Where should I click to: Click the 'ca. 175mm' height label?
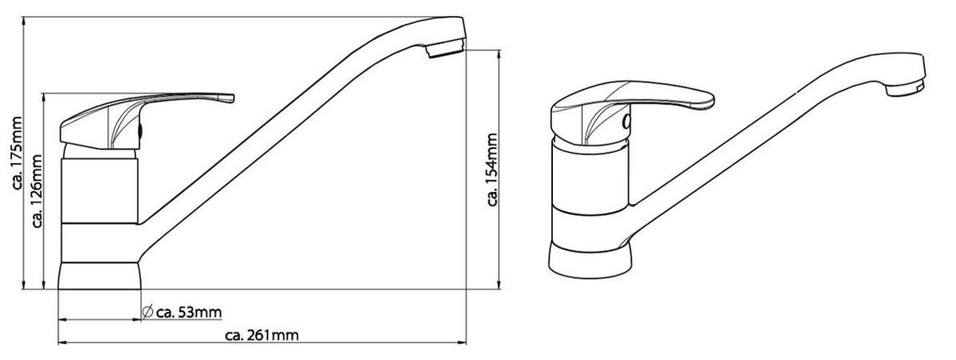pyautogui.click(x=17, y=153)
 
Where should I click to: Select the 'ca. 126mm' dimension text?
pyautogui.click(x=37, y=190)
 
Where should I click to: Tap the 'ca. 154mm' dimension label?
pyautogui.click(x=492, y=170)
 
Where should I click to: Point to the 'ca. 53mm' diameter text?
pyautogui.click(x=189, y=312)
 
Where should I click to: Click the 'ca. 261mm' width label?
pyautogui.click(x=261, y=335)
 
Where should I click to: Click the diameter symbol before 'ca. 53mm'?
pyautogui.click(x=147, y=311)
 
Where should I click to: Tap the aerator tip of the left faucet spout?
pyautogui.click(x=445, y=47)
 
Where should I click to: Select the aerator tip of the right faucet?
pyautogui.click(x=905, y=88)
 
